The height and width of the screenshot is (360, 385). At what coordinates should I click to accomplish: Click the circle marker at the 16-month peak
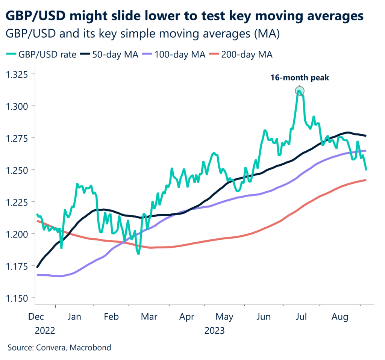tap(300, 91)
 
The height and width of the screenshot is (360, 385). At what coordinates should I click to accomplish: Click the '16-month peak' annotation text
tap(300, 78)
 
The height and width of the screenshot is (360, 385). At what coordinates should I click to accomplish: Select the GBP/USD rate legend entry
tap(42, 54)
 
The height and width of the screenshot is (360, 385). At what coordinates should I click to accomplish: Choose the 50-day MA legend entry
tap(112, 54)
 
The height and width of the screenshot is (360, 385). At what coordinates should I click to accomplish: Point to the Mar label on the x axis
tap(149, 317)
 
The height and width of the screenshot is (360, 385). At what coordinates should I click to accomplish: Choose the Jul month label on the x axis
tap(301, 317)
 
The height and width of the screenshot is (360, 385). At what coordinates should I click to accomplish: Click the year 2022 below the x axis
tap(45, 331)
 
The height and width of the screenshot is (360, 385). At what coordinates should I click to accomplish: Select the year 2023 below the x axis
tap(214, 331)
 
